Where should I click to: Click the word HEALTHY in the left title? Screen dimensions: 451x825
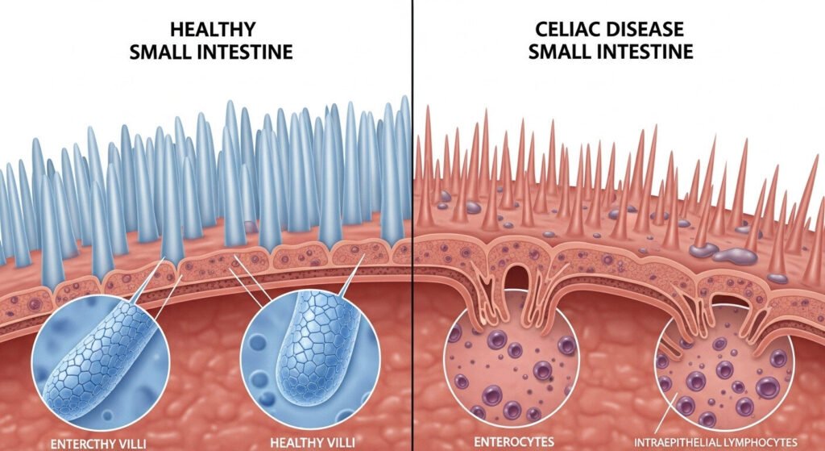coord(214,30)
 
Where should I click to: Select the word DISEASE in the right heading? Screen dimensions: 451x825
coord(646,30)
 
